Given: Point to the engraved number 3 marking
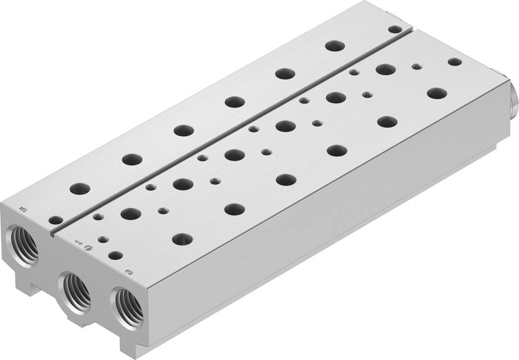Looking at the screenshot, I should [129, 272].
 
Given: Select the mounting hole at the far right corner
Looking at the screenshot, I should [455, 62].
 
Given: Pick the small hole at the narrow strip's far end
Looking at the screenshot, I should [394, 29].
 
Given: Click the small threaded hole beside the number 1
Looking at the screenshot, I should [103, 240].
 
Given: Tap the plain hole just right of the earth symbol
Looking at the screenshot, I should [115, 255].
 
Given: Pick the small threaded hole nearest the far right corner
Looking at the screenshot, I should [417, 66].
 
